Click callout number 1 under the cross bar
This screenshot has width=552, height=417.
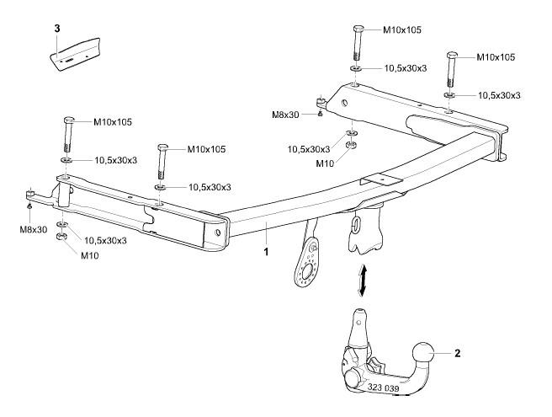266,252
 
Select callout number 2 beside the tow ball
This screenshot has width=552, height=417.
457,353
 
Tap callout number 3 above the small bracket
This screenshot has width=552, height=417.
57,28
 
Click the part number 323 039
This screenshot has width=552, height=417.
383,388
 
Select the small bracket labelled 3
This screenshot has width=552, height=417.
75,54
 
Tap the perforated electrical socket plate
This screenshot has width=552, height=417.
307,260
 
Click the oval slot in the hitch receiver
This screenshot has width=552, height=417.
356,225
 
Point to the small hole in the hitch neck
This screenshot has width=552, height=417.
358,322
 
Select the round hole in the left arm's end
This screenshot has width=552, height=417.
218,233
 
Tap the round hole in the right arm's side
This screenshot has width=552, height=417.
345,104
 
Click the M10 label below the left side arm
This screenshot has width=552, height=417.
90,256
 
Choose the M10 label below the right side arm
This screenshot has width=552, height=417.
325,163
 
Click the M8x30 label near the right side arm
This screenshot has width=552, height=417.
285,115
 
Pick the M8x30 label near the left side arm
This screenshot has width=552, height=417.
33,230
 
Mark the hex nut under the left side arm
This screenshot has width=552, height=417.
61,236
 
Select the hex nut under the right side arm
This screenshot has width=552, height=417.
351,145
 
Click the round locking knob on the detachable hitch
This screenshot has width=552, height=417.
353,379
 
